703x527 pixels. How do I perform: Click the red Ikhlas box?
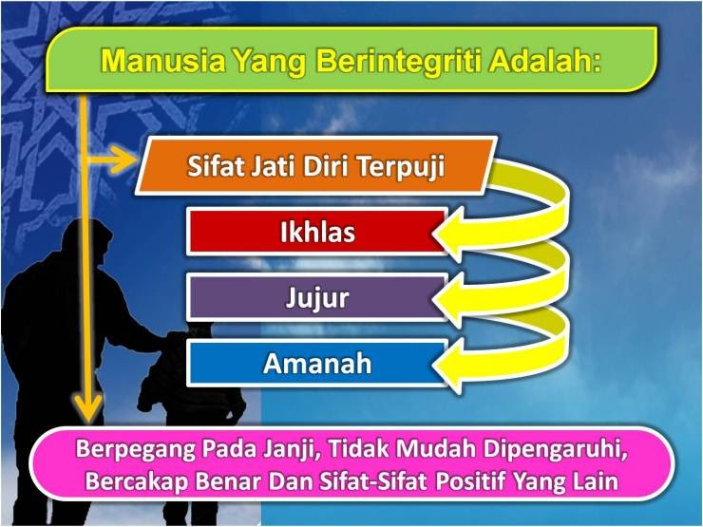tap(317, 232)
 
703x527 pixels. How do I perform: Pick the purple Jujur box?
tap(317, 297)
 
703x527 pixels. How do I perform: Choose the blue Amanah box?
tap(317, 363)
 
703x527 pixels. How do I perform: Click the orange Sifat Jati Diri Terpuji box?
tap(316, 166)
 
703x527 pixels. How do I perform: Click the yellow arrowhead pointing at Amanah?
tap(447, 365)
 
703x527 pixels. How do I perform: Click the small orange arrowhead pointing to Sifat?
tap(124, 160)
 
